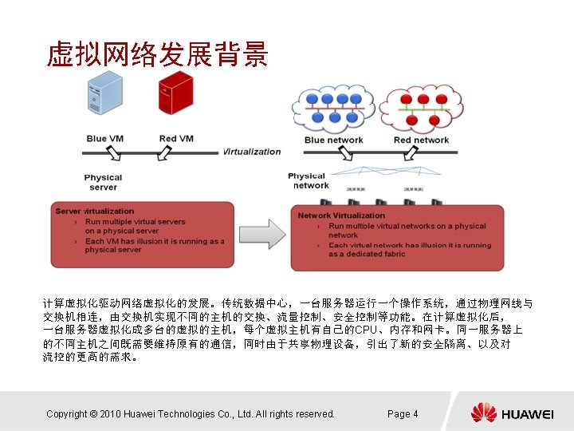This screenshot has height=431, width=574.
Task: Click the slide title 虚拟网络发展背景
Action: (157, 54)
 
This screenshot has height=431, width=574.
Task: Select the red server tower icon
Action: (175, 93)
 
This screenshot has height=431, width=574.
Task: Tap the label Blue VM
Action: (106, 139)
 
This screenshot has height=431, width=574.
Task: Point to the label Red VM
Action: (176, 139)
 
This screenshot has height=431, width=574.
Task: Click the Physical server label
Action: (103, 182)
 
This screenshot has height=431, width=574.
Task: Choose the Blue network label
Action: (333, 140)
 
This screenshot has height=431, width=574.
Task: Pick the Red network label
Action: (421, 140)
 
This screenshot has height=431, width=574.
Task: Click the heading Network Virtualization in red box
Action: (341, 215)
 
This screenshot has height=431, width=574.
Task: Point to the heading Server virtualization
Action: (95, 212)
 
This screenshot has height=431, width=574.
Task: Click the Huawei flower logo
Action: (483, 413)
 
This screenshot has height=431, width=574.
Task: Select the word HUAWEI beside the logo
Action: (526, 413)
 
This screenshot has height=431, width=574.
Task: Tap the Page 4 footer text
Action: (402, 413)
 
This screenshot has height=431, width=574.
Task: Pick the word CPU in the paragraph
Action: (366, 330)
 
